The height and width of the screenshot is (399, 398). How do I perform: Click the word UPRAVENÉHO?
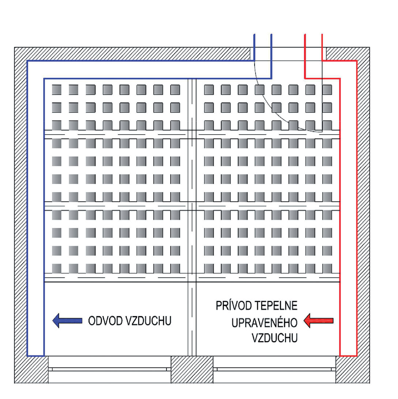(x=263, y=322)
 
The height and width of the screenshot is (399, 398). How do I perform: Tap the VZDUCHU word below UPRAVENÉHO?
(x=274, y=338)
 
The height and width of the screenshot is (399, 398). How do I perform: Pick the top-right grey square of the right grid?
(x=327, y=90)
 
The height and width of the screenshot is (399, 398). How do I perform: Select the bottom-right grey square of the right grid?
(x=327, y=268)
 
